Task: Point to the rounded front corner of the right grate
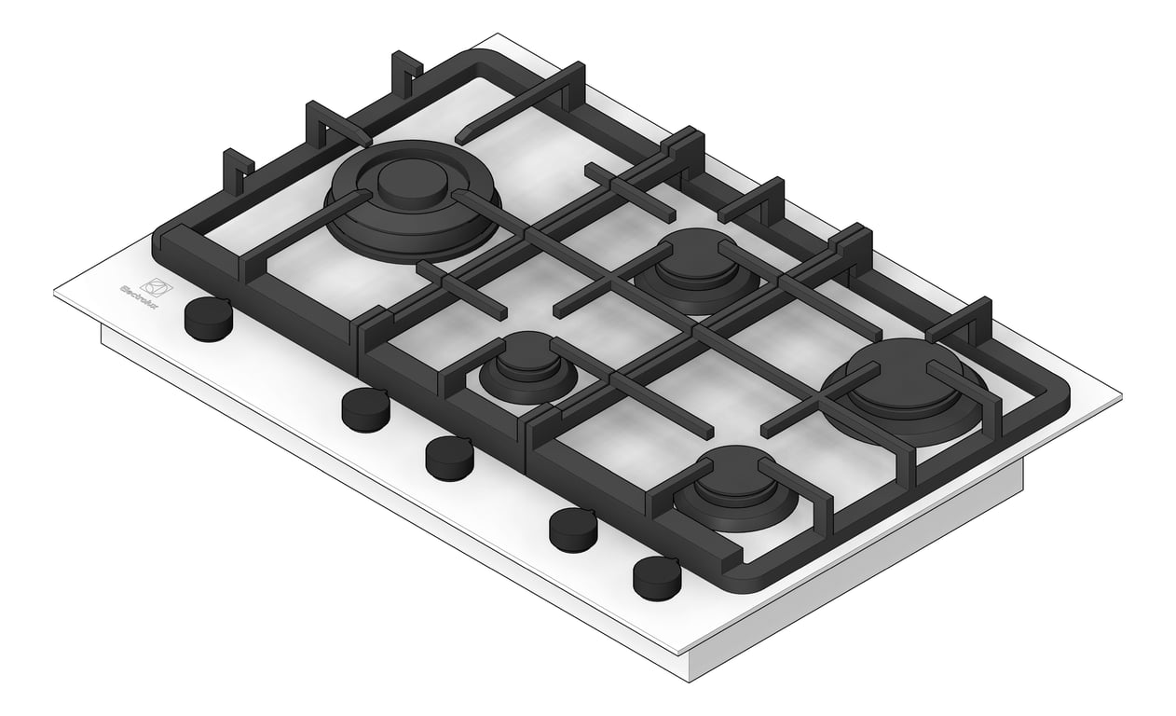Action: [745, 584]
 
